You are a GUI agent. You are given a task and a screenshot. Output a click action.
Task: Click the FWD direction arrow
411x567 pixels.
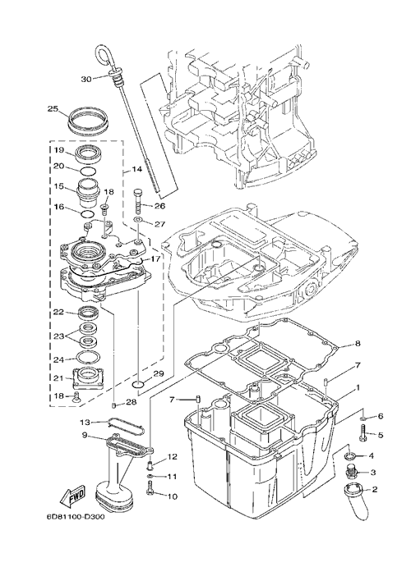point(73,496)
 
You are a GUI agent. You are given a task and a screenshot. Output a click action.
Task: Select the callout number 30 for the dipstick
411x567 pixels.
point(86,79)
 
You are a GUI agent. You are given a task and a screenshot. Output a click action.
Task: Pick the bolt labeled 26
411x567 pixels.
point(140,201)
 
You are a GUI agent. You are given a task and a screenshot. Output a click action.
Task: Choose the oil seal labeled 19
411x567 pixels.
point(89,153)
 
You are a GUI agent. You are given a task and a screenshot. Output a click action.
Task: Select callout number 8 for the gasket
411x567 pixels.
point(358,344)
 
